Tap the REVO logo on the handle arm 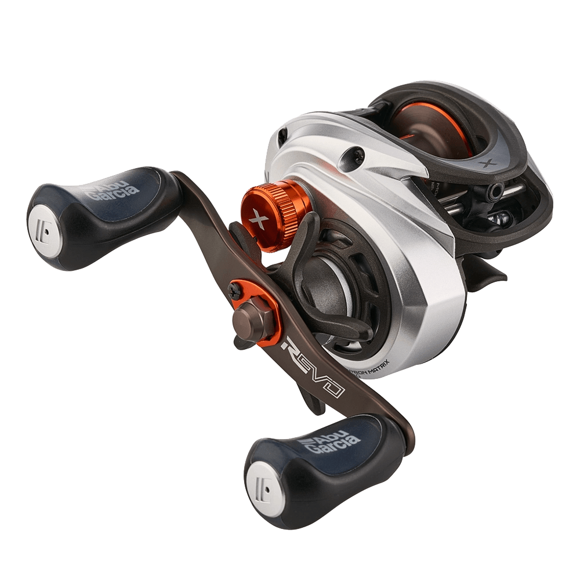[314, 372]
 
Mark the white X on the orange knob [260, 220]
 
